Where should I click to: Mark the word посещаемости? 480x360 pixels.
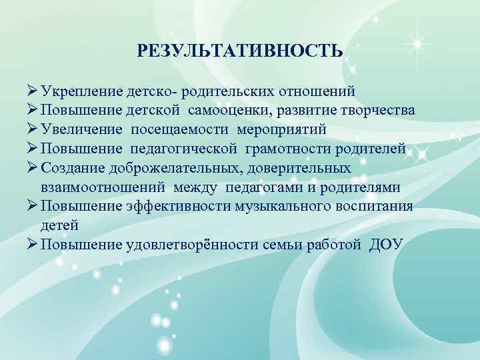click(x=170, y=129)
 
